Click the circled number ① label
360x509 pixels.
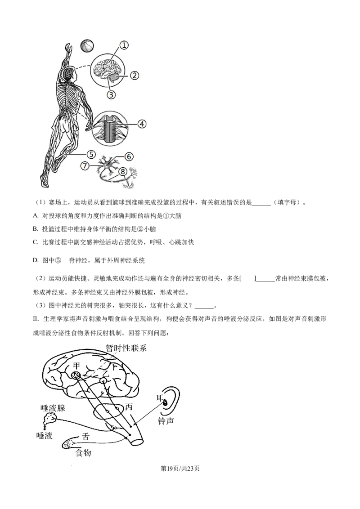point(124,45)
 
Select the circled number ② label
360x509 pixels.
point(134,75)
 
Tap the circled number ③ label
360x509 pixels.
point(111,94)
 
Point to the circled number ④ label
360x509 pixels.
point(142,123)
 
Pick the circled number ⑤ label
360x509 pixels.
point(91,154)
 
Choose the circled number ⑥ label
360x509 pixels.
point(129,156)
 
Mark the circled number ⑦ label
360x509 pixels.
point(85,165)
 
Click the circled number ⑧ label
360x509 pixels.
point(122,171)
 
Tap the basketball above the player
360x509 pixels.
point(87,45)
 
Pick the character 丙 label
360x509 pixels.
point(129,407)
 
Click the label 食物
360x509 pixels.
point(84,452)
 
